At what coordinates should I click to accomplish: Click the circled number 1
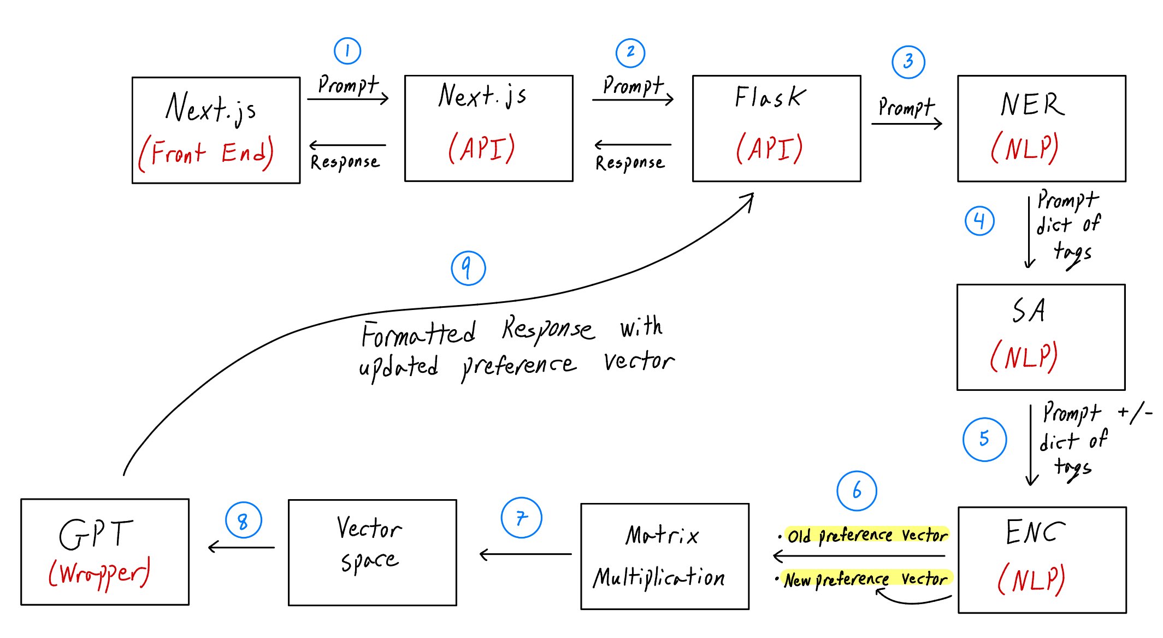pos(347,51)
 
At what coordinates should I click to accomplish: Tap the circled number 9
pos(468,268)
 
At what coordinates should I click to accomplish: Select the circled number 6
pos(857,490)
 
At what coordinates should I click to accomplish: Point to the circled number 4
pos(979,221)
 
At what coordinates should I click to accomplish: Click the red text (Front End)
pos(206,153)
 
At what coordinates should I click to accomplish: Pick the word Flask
pos(770,97)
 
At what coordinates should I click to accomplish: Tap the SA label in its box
pos(1029,311)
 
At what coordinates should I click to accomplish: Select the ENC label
pos(1035,532)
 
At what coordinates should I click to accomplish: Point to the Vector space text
pos(370,544)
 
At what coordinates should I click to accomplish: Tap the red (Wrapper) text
pos(99,573)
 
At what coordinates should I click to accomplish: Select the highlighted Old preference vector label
pos(867,535)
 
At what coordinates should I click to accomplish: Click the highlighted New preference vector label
pos(865,579)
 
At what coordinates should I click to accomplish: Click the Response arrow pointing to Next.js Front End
pos(347,145)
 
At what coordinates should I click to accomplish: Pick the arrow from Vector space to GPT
pos(241,547)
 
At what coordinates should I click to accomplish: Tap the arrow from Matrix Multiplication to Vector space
pos(526,554)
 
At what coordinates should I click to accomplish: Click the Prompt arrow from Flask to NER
pos(907,124)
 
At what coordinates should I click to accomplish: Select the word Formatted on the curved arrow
pos(418,333)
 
